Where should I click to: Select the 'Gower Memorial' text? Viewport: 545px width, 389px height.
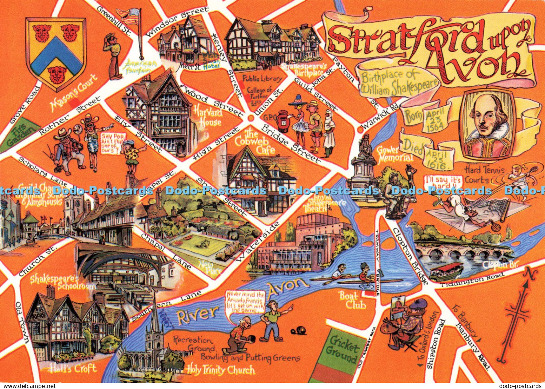click(x=394, y=154)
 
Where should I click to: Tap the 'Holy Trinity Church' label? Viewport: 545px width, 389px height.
click(x=220, y=370)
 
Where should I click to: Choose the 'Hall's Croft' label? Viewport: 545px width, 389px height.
click(x=73, y=368)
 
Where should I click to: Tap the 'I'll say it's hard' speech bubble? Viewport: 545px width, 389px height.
click(x=442, y=181)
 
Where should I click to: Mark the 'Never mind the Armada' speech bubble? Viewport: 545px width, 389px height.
click(x=245, y=302)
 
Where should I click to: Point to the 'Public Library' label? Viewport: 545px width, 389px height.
click(x=262, y=78)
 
